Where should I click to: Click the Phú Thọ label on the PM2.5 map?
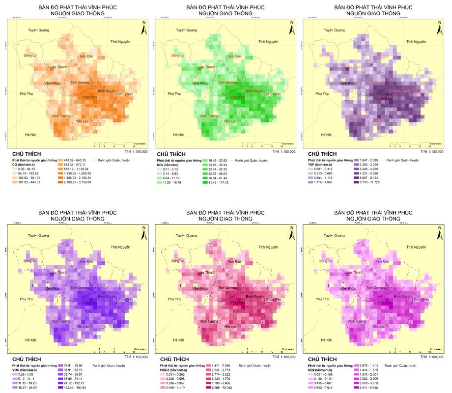[x=174, y=299]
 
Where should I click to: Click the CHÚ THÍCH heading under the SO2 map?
[x=322, y=360]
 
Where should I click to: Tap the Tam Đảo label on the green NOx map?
[x=234, y=57]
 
